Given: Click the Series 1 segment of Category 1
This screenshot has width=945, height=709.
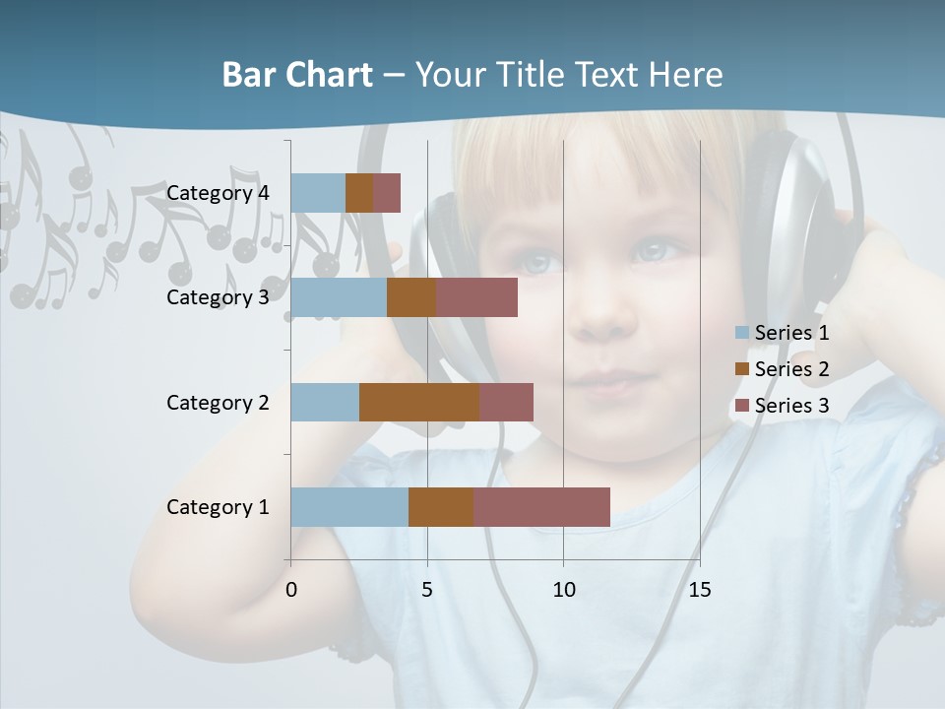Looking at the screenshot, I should coord(349,507).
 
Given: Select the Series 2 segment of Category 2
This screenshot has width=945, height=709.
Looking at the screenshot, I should coord(419,403).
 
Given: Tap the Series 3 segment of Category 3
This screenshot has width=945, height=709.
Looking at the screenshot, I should coord(476,297).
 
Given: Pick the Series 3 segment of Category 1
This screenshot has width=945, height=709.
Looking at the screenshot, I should coord(541,507).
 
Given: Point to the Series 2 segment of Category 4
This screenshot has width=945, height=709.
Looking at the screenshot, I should coord(359,193).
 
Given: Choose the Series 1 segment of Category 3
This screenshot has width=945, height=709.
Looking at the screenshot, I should coord(339,297).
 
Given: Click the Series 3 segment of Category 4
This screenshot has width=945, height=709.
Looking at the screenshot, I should coord(387,193).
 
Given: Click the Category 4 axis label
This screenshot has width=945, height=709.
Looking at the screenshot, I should coord(218,193).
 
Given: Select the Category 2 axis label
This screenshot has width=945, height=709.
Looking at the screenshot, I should coord(218,403).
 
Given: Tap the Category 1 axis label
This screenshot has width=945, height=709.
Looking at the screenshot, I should coord(218,507).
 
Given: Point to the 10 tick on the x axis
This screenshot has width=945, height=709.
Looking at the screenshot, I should coord(563,590).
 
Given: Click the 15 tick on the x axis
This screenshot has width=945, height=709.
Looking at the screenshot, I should coord(699,590).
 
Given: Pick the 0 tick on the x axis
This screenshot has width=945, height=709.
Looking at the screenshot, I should coord(291,590).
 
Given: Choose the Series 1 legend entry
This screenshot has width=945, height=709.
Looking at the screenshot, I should coord(791,333).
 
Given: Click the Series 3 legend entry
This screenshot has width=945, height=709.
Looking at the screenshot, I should coord(791,406).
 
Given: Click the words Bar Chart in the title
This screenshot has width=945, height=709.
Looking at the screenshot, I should coord(297,75).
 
